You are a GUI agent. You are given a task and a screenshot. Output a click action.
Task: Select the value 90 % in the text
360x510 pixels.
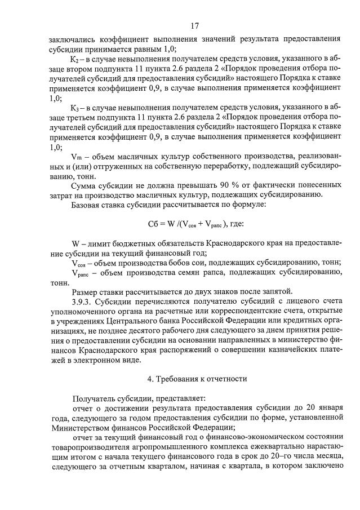pyautogui.click(x=232, y=185)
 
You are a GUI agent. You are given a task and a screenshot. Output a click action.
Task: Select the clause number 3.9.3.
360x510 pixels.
pyautogui.click(x=84, y=301)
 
